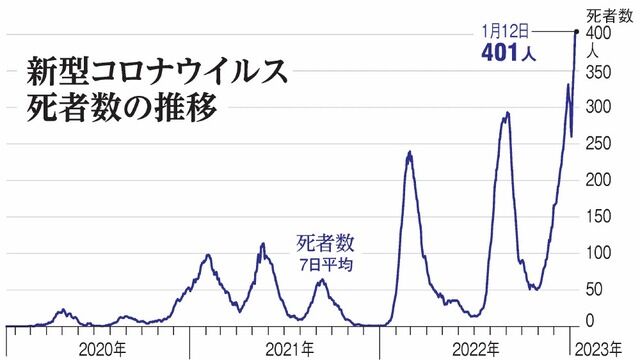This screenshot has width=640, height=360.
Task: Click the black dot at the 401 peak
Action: click(x=577, y=31)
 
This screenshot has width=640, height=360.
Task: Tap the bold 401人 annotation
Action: click(x=508, y=53)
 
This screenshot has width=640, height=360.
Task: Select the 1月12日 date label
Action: click(x=506, y=31)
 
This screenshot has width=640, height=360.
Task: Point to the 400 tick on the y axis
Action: click(x=598, y=33)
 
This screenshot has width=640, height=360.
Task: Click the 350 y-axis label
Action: click(x=598, y=72)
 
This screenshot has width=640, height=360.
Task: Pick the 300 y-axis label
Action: click(x=598, y=107)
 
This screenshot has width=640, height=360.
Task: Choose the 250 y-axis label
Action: click(x=598, y=144)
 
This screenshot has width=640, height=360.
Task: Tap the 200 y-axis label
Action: click(x=598, y=180)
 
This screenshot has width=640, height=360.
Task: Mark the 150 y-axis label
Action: click(x=598, y=216)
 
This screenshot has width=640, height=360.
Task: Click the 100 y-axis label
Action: click(x=598, y=253)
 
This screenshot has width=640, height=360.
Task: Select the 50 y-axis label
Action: click(x=594, y=289)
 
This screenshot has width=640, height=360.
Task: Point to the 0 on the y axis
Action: click(x=590, y=320)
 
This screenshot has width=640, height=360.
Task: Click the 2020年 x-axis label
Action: click(x=103, y=350)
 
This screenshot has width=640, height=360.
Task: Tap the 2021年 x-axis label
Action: click(x=290, y=350)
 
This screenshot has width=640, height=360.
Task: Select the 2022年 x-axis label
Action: click(x=476, y=350)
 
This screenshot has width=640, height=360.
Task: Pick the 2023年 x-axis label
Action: click(x=599, y=350)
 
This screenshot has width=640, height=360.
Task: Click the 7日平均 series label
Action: click(x=326, y=265)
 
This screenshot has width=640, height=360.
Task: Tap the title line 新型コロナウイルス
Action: click(x=157, y=73)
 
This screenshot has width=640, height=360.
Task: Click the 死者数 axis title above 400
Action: click(x=610, y=16)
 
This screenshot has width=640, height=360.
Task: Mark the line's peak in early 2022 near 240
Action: click(x=409, y=152)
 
